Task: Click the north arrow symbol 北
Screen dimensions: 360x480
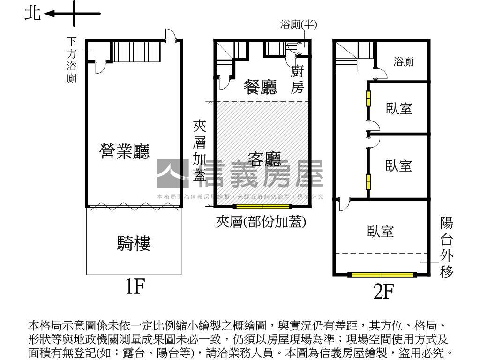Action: (x=33, y=14)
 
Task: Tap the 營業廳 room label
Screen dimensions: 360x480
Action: (x=125, y=151)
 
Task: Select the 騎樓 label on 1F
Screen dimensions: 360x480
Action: (x=134, y=244)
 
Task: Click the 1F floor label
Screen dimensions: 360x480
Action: (x=134, y=287)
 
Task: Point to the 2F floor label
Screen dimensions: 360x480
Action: (x=382, y=292)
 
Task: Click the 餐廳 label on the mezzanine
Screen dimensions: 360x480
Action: (x=260, y=87)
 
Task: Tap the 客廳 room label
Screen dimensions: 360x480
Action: (x=264, y=161)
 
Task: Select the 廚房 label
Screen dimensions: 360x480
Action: (x=298, y=80)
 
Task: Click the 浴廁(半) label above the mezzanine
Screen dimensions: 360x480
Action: (x=299, y=25)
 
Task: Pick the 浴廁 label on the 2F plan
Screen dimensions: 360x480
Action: (x=403, y=61)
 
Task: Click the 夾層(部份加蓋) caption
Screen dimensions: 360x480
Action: (x=261, y=222)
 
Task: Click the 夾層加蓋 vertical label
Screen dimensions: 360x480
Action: (x=200, y=150)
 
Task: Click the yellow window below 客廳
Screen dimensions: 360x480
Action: (x=262, y=206)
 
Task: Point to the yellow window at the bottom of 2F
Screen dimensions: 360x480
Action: (x=382, y=275)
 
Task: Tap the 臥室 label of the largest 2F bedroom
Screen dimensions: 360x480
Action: (x=380, y=231)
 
